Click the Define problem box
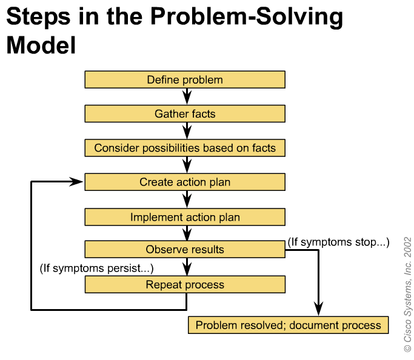185,79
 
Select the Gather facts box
185,114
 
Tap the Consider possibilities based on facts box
185,148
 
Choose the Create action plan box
185,182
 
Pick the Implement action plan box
185,217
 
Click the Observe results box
185,249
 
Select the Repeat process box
185,284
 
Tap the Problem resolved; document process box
289,325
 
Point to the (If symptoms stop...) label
338,242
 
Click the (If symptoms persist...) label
96,268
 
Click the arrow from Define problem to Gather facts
187,96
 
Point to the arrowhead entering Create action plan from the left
76,182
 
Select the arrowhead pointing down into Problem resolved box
318,308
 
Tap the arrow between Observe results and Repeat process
187,267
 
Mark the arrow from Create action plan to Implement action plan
187,199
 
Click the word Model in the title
41,45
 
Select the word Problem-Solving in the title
247,17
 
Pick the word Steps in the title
38,17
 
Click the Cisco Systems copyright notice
408,295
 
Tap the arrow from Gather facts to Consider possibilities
187,131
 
